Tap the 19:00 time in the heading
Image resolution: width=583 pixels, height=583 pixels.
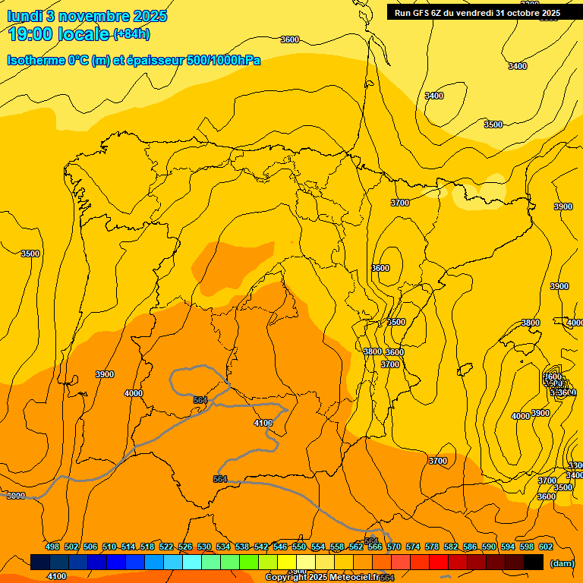click(x=33, y=33)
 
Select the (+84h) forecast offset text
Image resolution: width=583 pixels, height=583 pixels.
click(x=131, y=34)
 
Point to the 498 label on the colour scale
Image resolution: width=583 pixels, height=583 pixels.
click(x=52, y=547)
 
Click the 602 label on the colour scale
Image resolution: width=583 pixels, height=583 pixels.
click(x=546, y=547)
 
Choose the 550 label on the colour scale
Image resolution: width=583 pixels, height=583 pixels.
click(x=299, y=547)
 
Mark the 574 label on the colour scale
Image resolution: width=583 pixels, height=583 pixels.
click(x=413, y=547)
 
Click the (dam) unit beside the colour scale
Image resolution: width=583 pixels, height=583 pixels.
click(x=561, y=563)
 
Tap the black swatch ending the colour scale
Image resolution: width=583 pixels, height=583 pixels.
click(x=534, y=562)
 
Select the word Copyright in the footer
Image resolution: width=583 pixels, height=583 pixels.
click(x=285, y=578)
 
